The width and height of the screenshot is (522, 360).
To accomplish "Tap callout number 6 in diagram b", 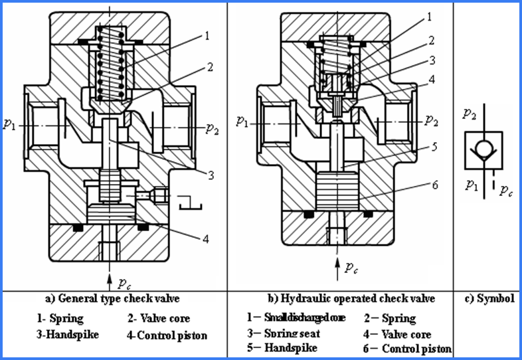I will point(434,184).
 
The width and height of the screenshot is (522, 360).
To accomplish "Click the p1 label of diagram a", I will point(9,124).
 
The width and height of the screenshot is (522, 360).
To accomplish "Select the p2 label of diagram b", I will point(432,122).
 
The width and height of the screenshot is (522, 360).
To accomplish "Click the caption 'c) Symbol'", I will point(491,299).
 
